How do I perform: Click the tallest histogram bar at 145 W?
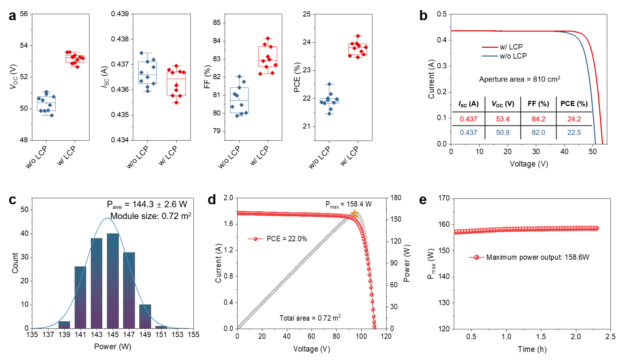113,281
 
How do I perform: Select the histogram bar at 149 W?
145,317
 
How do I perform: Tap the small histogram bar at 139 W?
64,325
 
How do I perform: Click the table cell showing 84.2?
538,119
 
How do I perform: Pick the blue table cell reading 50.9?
503,132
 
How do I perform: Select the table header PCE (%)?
574,104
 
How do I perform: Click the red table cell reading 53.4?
503,119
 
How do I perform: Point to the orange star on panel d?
354,214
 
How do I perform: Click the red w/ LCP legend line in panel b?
490,47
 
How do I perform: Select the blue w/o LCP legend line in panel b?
490,56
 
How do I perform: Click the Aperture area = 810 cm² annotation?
520,79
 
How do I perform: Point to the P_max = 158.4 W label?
349,205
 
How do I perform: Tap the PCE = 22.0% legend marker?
256,239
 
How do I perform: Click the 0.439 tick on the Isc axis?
120,14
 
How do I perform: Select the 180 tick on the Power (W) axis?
395,198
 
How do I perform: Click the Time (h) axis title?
532,349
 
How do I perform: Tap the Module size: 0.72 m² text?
151,216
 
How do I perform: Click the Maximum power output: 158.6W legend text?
538,257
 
